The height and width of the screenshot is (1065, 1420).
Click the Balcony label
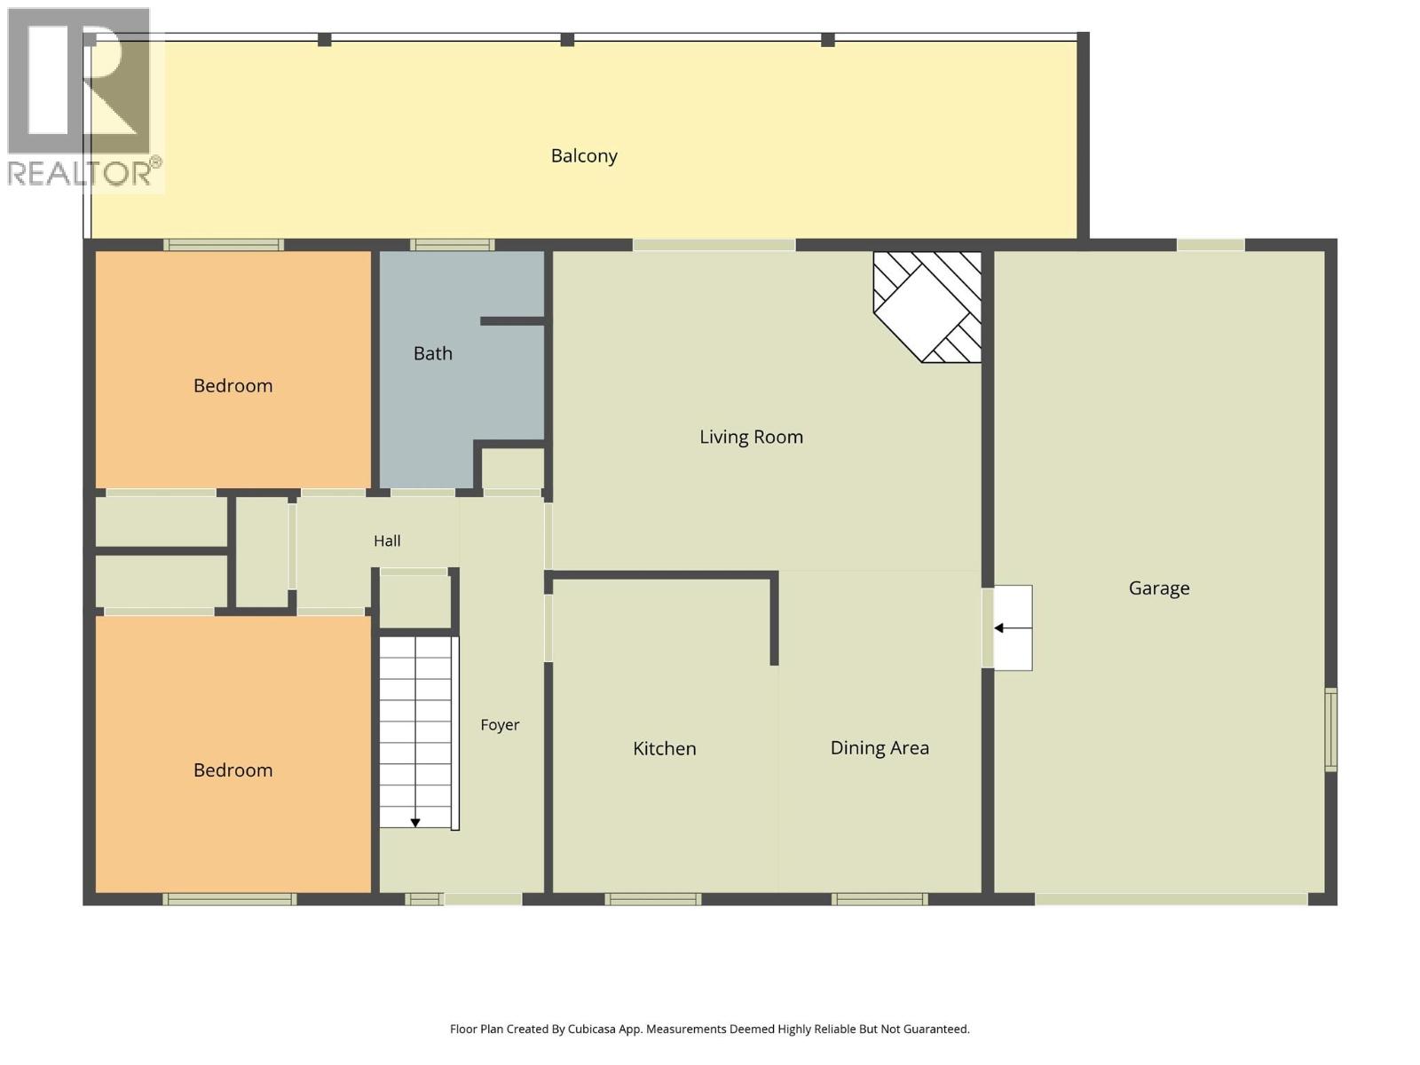(583, 156)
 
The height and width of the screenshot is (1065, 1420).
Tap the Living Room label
(751, 437)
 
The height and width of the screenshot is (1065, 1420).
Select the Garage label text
(1159, 588)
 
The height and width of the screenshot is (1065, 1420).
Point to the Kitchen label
(665, 748)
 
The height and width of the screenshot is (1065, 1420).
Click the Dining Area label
(880, 747)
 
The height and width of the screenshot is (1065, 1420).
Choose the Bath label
(433, 353)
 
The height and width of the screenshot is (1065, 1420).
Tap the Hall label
(387, 540)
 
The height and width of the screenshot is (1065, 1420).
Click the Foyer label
(500, 725)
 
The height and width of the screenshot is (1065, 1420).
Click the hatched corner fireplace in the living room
(927, 306)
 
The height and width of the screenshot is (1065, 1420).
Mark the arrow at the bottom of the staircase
(415, 823)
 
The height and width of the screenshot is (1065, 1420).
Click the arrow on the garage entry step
(1013, 627)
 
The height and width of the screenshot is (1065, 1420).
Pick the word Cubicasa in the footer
(592, 1029)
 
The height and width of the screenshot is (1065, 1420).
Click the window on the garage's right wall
(1330, 730)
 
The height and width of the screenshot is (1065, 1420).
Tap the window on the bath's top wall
(453, 244)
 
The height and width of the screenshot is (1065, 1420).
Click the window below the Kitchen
(652, 899)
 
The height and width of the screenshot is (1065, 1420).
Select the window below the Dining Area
(880, 899)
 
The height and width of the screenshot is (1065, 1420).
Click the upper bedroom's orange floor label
(233, 386)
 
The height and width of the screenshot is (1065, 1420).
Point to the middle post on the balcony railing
(567, 39)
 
